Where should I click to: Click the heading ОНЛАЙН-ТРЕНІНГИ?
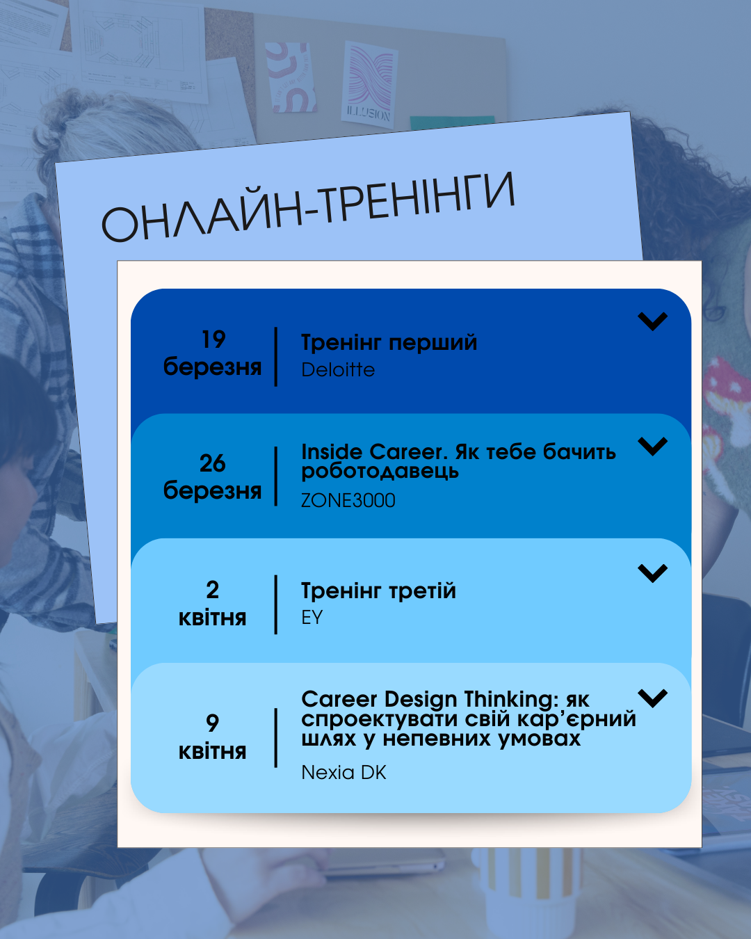308,207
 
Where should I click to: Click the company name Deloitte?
338,369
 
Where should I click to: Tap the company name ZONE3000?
348,500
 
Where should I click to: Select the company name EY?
312,617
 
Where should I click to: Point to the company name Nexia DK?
344,772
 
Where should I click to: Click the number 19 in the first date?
213,339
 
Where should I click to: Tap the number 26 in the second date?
213,463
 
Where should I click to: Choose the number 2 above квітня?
213,590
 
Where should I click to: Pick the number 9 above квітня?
213,723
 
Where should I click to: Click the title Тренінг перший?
389,342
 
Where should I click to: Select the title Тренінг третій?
378,591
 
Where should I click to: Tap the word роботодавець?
380,472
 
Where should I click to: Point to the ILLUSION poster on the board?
369,85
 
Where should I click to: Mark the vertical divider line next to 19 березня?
276,357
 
